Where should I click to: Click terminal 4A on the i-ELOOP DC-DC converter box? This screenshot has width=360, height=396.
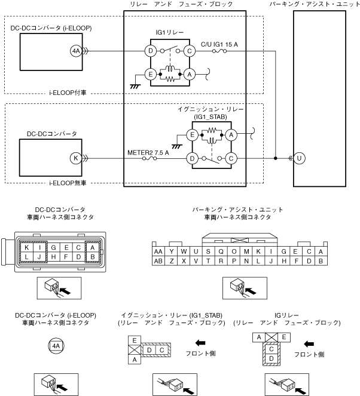(76, 51)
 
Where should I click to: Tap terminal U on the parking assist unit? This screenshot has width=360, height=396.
(299, 158)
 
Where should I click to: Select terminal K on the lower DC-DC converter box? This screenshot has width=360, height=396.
(76, 158)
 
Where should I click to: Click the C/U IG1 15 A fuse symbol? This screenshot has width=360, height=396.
(219, 51)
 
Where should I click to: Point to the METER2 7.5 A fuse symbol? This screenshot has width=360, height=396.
(150, 159)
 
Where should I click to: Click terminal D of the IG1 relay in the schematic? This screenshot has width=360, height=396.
(151, 51)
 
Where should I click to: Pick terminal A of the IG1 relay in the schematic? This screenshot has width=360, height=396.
(190, 75)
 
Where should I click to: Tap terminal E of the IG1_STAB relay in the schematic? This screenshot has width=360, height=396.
(192, 135)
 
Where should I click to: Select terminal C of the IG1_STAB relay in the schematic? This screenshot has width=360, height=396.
(231, 159)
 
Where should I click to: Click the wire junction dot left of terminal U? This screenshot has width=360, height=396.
(276, 158)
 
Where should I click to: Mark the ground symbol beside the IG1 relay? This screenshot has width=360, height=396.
(135, 87)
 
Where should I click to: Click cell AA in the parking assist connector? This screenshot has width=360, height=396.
(158, 251)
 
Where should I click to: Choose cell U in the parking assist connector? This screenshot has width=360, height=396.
(196, 251)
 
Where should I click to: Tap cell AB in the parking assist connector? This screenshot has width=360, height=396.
(158, 261)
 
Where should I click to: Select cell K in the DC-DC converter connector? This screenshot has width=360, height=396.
(26, 247)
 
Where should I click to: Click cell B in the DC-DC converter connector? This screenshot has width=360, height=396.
(92, 257)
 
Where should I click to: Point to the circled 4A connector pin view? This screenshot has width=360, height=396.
(56, 346)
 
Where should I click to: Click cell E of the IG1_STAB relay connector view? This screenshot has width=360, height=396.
(135, 340)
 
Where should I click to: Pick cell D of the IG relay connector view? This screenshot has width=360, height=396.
(271, 358)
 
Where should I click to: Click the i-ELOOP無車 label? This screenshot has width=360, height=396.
(68, 183)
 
